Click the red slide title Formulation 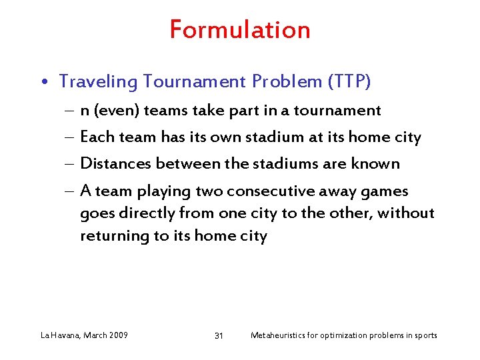click(x=240, y=30)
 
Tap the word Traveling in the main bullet click(x=98, y=82)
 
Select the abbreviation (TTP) click(x=349, y=82)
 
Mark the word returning click(x=113, y=236)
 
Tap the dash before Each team click(x=70, y=138)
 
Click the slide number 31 click(x=219, y=335)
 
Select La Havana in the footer click(x=61, y=335)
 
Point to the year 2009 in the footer click(x=117, y=335)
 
